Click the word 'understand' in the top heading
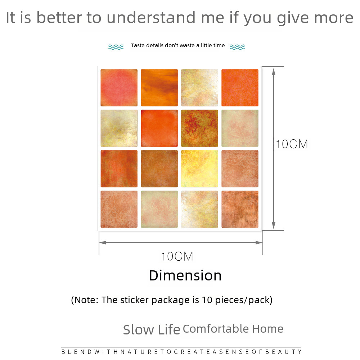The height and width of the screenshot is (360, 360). point(151,18)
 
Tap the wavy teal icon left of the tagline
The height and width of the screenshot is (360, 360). point(116,47)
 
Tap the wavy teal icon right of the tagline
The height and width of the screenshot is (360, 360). point(237,47)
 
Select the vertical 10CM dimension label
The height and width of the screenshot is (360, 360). point(292,144)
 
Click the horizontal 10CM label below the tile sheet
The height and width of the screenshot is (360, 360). point(177,256)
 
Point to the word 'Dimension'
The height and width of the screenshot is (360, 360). point(185,275)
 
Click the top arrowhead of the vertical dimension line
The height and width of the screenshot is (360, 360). point(274,72)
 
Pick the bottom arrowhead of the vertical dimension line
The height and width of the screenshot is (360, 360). point(274,225)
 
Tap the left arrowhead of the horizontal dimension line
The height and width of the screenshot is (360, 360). point(103,243)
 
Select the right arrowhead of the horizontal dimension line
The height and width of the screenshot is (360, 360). point(259,243)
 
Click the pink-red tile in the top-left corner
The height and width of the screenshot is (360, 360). point(119,88)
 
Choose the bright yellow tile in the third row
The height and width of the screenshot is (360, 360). point(199,169)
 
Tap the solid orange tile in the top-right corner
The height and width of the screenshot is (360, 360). point(240,88)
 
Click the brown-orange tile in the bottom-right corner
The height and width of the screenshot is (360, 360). point(240,209)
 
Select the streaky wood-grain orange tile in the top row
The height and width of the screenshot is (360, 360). point(159,88)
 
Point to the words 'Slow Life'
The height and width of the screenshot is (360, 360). point(152,330)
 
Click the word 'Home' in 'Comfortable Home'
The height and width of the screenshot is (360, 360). point(268,329)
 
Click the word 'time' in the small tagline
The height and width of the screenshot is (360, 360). point(219,45)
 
